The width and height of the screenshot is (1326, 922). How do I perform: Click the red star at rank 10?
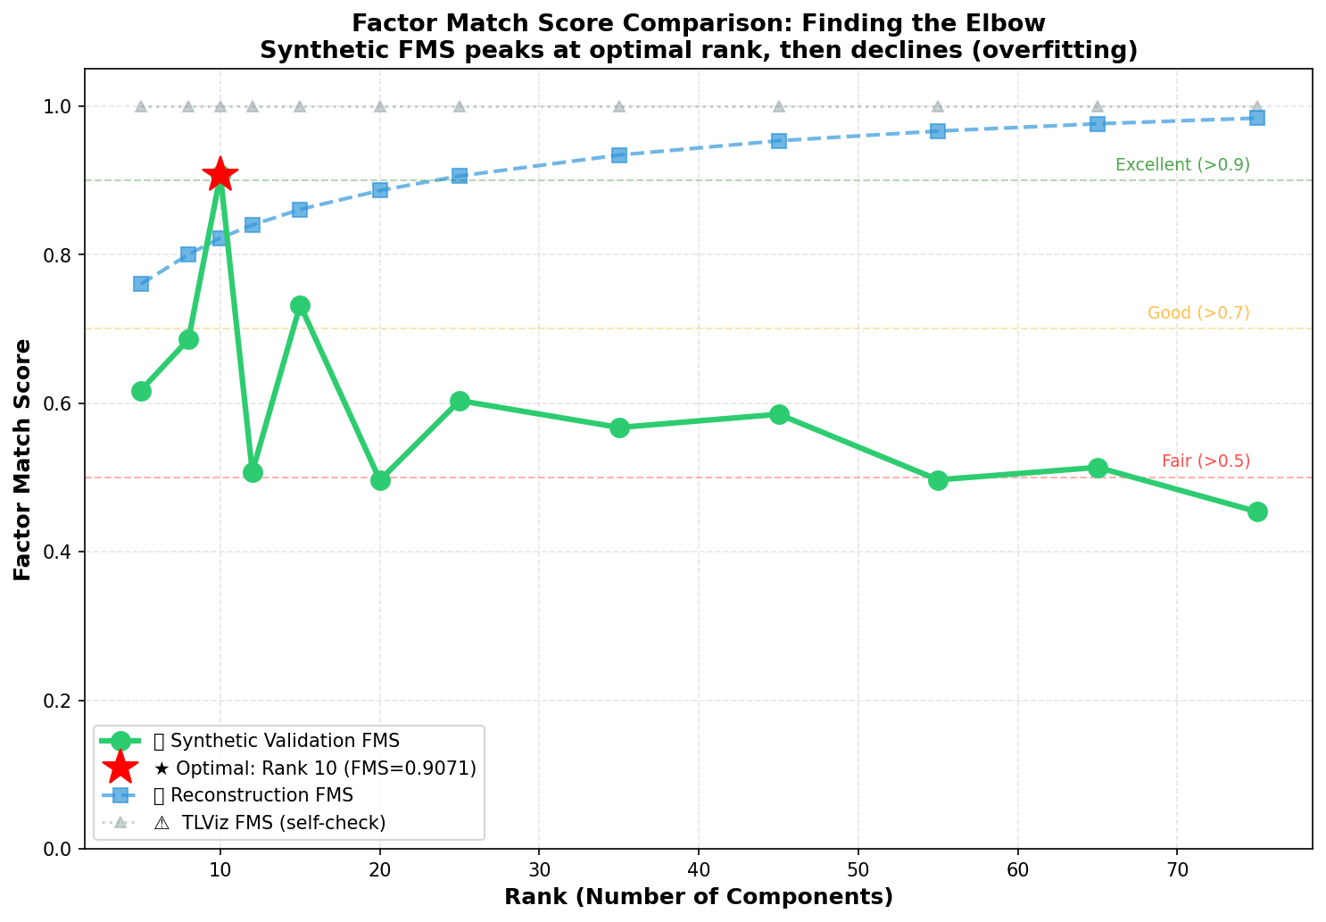click(x=220, y=175)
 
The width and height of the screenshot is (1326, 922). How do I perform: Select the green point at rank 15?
click(x=300, y=305)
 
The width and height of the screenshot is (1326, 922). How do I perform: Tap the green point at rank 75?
click(x=1256, y=511)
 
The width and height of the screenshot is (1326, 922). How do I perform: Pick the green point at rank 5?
click(x=141, y=391)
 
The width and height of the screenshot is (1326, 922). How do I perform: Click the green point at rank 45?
click(x=779, y=414)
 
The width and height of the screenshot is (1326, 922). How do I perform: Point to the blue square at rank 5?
click(x=141, y=284)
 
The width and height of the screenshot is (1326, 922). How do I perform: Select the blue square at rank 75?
click(x=1256, y=118)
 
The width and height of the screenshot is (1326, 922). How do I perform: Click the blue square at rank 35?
click(x=619, y=155)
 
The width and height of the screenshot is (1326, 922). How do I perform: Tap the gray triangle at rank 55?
click(x=938, y=106)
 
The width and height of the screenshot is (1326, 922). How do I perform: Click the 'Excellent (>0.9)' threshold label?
click(x=1182, y=165)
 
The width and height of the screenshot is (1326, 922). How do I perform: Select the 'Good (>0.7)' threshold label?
click(x=1198, y=313)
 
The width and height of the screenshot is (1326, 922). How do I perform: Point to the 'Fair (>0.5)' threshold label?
click(x=1206, y=461)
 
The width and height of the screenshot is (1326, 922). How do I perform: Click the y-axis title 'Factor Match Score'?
click(x=23, y=459)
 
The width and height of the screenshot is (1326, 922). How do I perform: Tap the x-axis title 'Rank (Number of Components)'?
click(x=699, y=897)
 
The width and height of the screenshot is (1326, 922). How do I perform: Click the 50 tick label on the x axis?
click(x=858, y=869)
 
